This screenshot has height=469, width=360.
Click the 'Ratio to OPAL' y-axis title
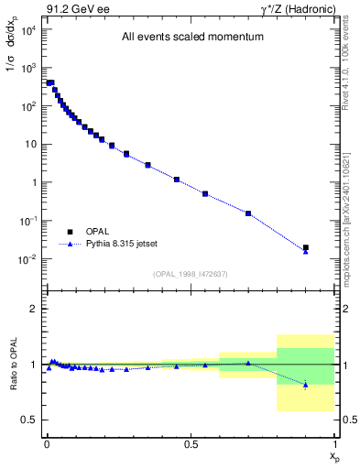pos(13,366)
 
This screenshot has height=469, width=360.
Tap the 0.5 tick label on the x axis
pos(191,443)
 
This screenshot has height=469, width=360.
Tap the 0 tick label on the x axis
pos(46,443)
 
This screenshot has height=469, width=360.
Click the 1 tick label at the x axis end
pos(334,443)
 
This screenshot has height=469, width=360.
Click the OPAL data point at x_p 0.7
pos(248,213)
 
